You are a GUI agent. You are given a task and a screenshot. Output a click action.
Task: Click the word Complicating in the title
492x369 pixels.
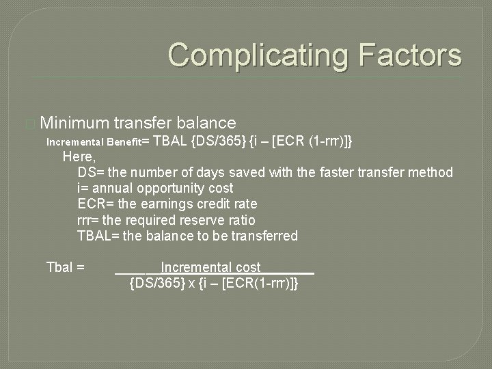point(260,55)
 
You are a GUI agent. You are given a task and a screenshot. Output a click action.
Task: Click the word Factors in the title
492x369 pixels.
point(409,55)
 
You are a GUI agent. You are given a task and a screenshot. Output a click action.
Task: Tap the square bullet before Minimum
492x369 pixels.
point(28,124)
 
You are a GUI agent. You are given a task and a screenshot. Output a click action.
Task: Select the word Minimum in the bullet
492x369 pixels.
point(74,123)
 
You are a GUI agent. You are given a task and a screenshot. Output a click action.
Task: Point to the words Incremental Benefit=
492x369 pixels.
point(97,142)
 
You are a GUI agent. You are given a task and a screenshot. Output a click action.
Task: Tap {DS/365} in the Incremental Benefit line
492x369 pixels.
point(218,141)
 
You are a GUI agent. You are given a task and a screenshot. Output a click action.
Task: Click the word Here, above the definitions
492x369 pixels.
point(78,156)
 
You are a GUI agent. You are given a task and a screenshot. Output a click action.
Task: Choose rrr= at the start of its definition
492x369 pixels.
point(89,220)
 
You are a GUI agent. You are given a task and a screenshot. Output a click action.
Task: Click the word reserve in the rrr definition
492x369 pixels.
point(210,220)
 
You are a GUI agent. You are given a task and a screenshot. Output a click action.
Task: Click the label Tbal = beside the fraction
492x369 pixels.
point(65,267)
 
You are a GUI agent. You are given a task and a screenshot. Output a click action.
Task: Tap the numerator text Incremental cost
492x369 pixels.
point(210,267)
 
